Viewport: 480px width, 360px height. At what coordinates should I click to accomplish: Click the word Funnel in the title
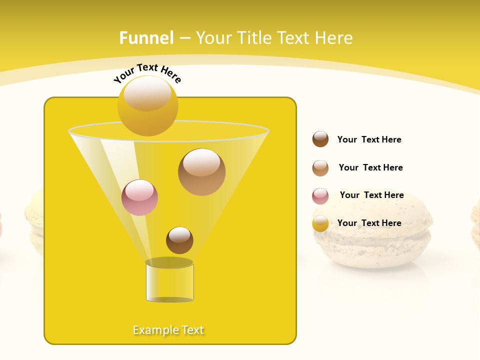click(x=146, y=38)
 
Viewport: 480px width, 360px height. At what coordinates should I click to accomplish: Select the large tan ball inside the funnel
click(x=201, y=172)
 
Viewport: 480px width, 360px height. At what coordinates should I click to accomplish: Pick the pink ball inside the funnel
click(x=139, y=197)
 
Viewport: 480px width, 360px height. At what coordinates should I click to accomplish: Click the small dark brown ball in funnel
click(x=179, y=240)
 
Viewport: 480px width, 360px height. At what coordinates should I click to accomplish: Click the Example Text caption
click(x=168, y=330)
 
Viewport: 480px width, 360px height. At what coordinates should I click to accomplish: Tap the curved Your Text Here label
click(x=147, y=73)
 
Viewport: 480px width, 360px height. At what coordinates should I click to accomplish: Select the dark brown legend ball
click(x=320, y=139)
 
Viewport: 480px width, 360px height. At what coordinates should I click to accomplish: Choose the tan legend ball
click(x=320, y=168)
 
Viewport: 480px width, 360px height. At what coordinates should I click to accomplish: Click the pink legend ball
click(x=320, y=196)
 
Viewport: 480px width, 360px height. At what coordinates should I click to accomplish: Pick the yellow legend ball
click(x=320, y=223)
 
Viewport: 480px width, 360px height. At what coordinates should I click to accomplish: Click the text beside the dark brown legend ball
click(x=369, y=139)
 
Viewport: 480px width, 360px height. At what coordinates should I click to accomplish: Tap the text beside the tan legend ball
click(x=370, y=167)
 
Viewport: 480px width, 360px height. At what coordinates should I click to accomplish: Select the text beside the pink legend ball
click(x=371, y=195)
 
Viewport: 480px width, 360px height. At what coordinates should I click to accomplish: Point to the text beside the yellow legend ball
click(x=369, y=223)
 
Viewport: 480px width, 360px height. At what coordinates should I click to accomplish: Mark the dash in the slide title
click(x=184, y=38)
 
